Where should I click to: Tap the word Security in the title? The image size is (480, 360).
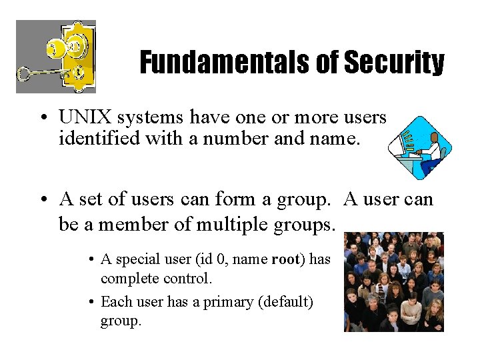coord(393,63)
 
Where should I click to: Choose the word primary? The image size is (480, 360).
coord(226,302)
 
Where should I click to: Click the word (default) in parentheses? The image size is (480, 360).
coord(287,302)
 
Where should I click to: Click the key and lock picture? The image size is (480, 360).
coord(56,57)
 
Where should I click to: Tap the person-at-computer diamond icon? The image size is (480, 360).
coord(420,147)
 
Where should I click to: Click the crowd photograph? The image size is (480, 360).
coord(393,281)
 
